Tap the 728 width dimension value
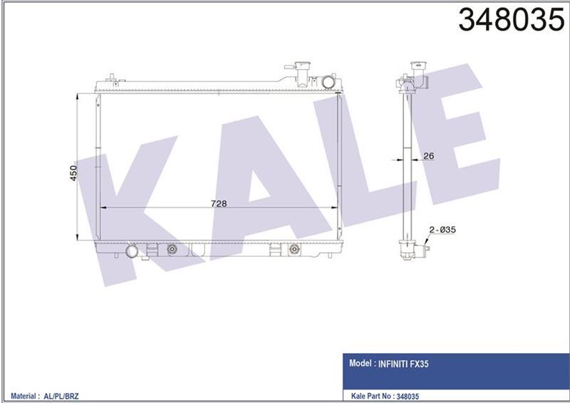pyautogui.click(x=218, y=203)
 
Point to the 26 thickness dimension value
pyautogui.click(x=428, y=156)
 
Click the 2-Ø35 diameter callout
pyautogui.click(x=441, y=229)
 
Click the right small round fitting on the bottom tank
pyautogui.click(x=294, y=250)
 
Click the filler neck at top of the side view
pyautogui.click(x=413, y=72)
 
